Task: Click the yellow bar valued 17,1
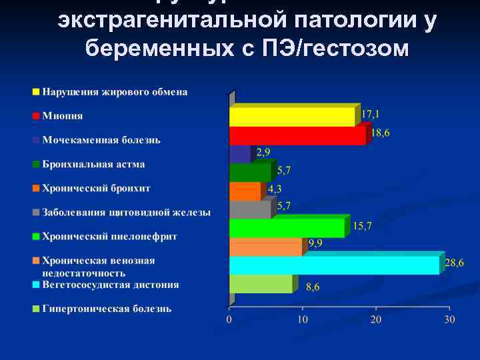pos(291,117)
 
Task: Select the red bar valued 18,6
pos(297,135)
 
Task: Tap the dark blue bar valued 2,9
pos(239,154)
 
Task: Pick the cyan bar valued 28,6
pos(334,265)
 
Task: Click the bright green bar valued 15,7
pos(287,228)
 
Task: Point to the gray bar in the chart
pos(250,209)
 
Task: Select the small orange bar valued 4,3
pos(245,191)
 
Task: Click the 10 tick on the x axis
pos(302,320)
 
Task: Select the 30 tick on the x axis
pos(449,320)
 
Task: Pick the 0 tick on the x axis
pos(229,320)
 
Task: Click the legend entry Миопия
pos(63,115)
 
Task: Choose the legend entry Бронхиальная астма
pos(93,164)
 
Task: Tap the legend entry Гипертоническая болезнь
pos(107,309)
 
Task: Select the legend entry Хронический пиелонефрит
pos(109,236)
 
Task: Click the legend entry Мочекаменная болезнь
pos(101,140)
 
